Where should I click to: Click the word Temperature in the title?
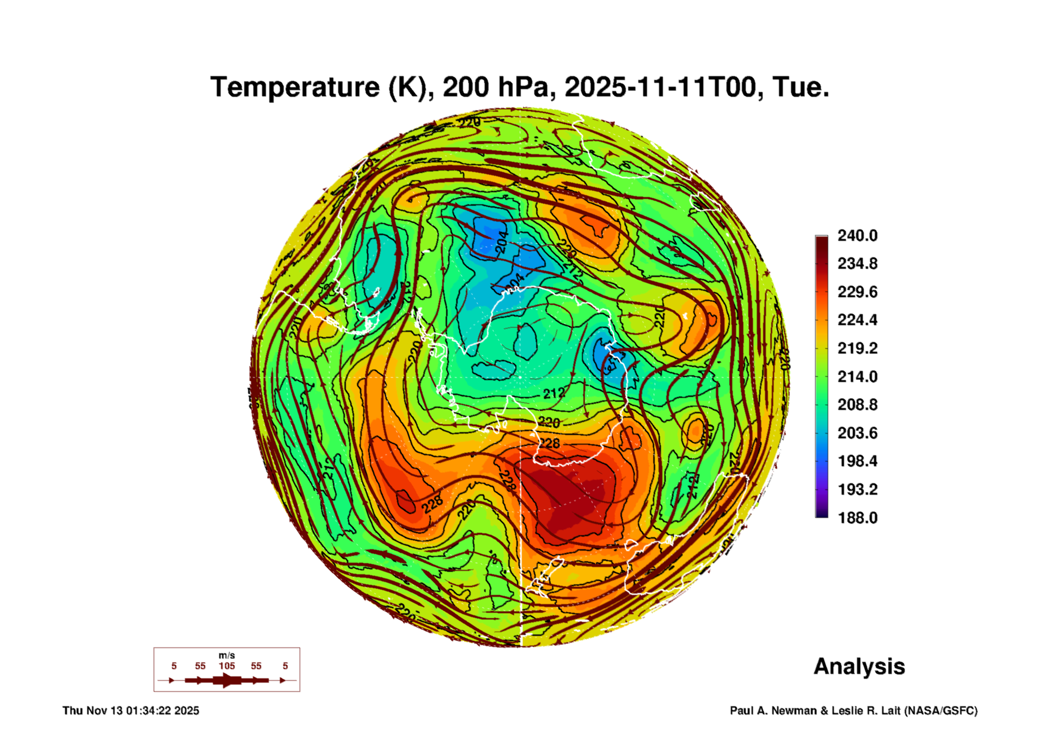pyautogui.click(x=295, y=87)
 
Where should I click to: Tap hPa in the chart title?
pyautogui.click(x=526, y=87)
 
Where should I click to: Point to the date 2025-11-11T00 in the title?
pyautogui.click(x=660, y=87)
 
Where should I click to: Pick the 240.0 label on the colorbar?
pyautogui.click(x=857, y=236)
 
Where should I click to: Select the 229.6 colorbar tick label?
pyautogui.click(x=857, y=292)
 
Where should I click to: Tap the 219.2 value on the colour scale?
pyautogui.click(x=857, y=348)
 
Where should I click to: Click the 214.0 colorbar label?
pyautogui.click(x=857, y=376)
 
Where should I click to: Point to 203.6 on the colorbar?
pyautogui.click(x=857, y=433)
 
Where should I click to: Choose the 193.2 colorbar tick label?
pyautogui.click(x=857, y=489)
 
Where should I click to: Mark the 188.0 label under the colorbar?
pyautogui.click(x=857, y=518)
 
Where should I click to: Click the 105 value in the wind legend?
pyautogui.click(x=227, y=666)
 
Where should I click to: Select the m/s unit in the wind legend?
pyautogui.click(x=227, y=655)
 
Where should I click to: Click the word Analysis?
pyautogui.click(x=859, y=666)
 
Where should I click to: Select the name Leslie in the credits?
pyautogui.click(x=847, y=711)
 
